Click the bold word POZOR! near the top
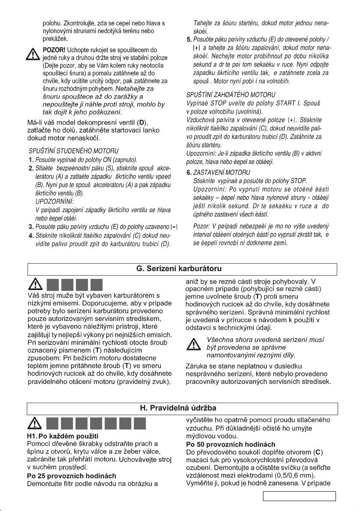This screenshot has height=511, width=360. tap(54, 51)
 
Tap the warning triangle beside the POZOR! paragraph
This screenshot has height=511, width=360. tap(32, 53)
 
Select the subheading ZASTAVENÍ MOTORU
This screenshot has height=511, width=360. tap(219, 172)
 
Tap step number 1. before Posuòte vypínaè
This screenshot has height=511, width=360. tap(31, 160)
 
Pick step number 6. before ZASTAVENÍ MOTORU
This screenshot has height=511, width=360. tap(189, 172)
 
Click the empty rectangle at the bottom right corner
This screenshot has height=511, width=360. tap(299, 497)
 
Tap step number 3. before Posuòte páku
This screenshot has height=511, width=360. tap(31, 227)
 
